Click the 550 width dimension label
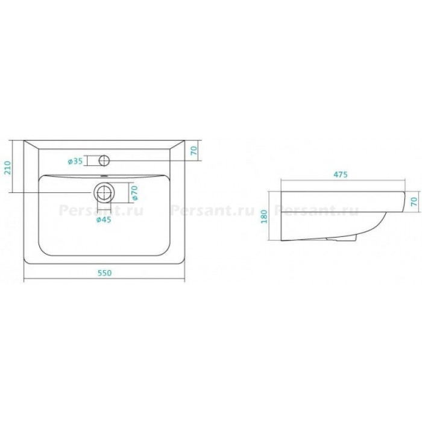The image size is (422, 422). pyautogui.click(x=104, y=273)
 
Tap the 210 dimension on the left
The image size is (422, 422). pyautogui.click(x=7, y=168)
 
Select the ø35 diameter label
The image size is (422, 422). pyautogui.click(x=75, y=161)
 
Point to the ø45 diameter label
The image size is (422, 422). pyautogui.click(x=104, y=219)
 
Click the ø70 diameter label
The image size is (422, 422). pyautogui.click(x=134, y=193)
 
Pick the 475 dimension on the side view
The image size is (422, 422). pyautogui.click(x=341, y=174)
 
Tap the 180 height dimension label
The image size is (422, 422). pyautogui.click(x=264, y=216)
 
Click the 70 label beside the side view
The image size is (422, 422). pyautogui.click(x=414, y=201)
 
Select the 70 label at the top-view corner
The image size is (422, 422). pyautogui.click(x=194, y=151)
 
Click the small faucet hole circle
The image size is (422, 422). pyautogui.click(x=104, y=161)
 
